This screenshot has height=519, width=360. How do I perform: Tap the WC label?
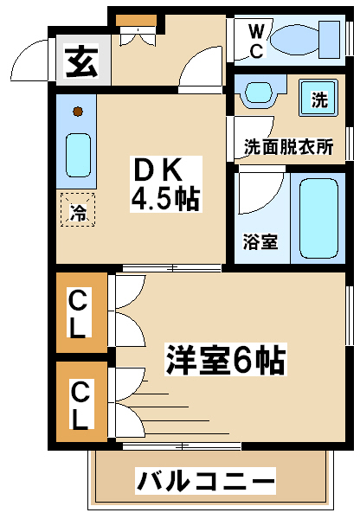click(x=256, y=42)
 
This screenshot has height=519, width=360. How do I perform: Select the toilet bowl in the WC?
click(x=295, y=41)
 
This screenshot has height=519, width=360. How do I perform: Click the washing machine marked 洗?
click(x=318, y=98)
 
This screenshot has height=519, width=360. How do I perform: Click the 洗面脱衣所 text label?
click(x=289, y=147)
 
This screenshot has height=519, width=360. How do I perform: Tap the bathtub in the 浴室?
click(x=318, y=218)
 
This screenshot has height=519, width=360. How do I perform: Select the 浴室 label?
click(x=260, y=241)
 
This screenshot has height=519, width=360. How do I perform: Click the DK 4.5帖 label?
click(x=165, y=184)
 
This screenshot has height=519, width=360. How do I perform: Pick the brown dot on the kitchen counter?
click(x=78, y=112)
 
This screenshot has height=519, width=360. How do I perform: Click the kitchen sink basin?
click(x=78, y=155)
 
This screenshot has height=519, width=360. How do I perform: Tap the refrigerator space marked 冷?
click(x=78, y=210)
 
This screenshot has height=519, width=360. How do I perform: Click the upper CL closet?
click(x=81, y=312)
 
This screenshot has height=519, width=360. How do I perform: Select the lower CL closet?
click(x=81, y=401)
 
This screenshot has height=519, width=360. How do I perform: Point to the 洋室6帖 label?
click(x=226, y=360)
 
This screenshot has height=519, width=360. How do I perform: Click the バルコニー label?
click(x=205, y=481)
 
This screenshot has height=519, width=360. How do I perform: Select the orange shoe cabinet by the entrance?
click(x=136, y=21)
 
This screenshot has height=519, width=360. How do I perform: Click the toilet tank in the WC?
click(x=330, y=40)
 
